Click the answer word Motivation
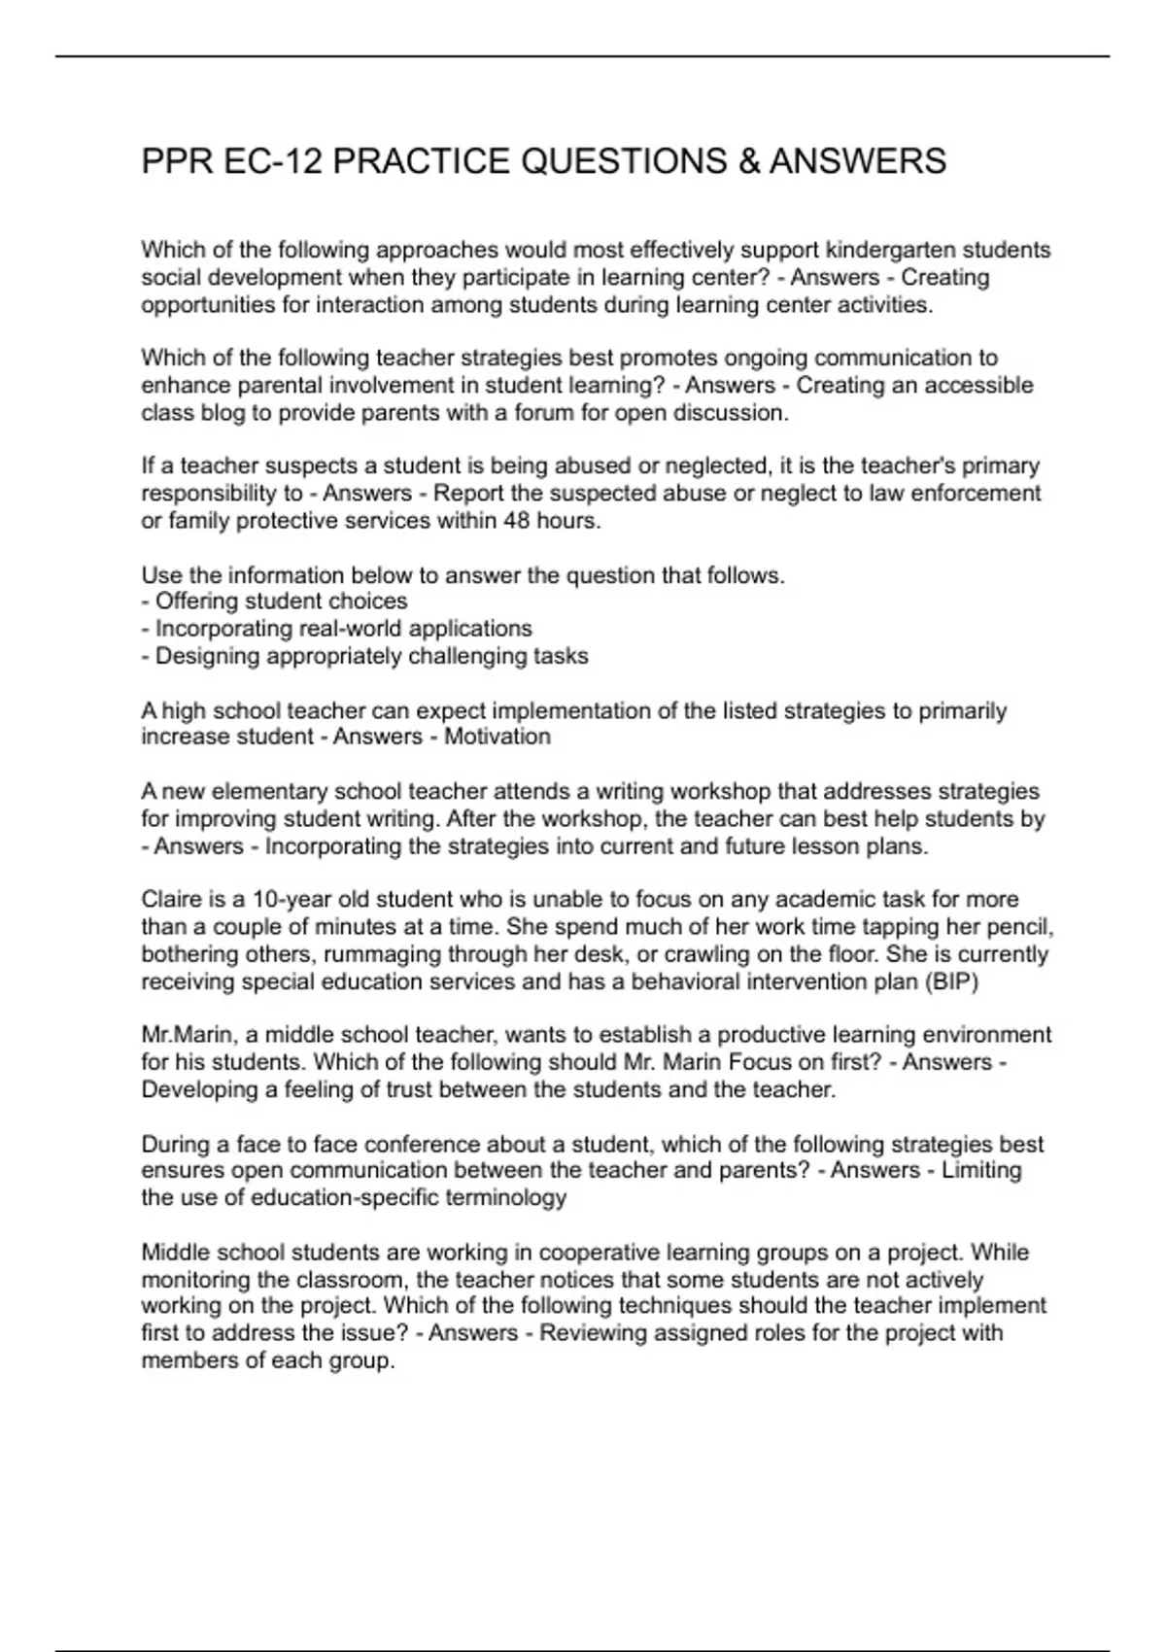(x=497, y=737)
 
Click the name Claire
(x=171, y=899)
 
